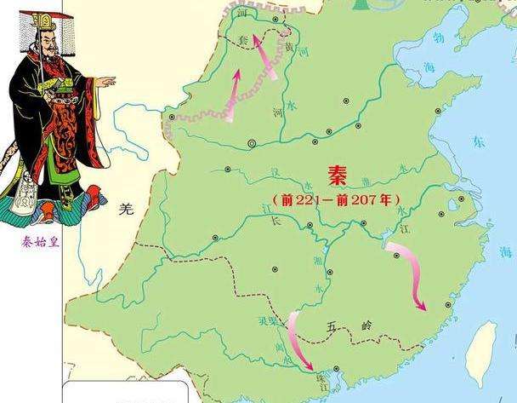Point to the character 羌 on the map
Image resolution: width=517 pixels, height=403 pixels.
(x=127, y=208)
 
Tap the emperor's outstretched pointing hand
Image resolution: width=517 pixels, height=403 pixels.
(x=106, y=81)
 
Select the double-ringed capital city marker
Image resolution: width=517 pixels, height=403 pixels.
(x=253, y=142)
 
